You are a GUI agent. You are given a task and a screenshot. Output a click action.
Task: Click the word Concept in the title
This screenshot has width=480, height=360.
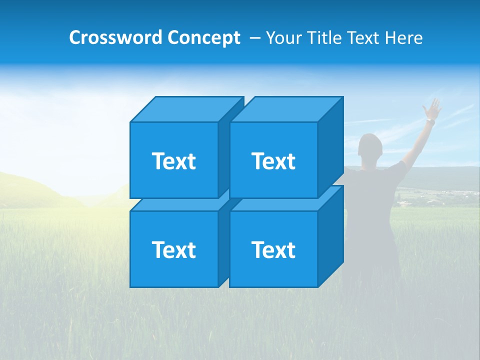click(x=203, y=37)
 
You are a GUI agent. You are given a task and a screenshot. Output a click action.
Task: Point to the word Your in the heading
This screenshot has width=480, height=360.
click(x=283, y=37)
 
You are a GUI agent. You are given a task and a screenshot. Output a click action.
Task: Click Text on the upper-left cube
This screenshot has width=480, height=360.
click(x=173, y=161)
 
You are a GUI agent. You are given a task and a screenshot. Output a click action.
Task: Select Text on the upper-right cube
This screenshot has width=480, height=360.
click(x=273, y=161)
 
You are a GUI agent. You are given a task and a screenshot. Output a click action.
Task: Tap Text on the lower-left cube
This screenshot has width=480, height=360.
click(x=173, y=249)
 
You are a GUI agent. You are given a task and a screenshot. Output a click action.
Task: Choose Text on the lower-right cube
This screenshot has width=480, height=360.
click(x=273, y=249)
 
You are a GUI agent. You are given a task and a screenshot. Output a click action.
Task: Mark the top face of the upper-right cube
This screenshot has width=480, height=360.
click(x=285, y=109)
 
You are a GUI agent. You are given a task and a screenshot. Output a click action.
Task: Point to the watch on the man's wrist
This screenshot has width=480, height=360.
click(x=430, y=121)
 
